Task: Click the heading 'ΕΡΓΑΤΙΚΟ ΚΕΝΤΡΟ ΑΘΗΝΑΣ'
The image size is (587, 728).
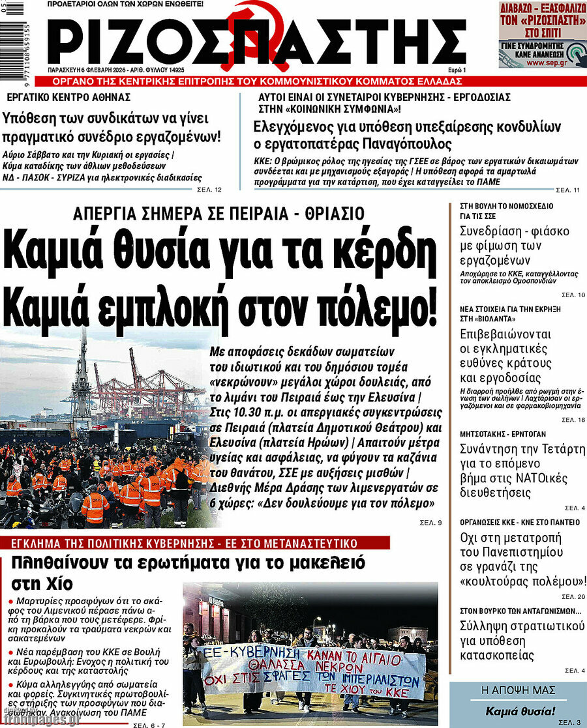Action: (68, 97)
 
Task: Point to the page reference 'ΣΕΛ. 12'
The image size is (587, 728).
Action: (209, 190)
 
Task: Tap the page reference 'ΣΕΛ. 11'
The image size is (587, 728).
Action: (567, 190)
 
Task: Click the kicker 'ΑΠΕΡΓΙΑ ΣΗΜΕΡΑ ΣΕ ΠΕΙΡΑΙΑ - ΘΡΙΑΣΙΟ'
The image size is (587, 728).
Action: (219, 213)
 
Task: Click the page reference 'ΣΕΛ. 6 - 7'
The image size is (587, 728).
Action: (149, 725)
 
